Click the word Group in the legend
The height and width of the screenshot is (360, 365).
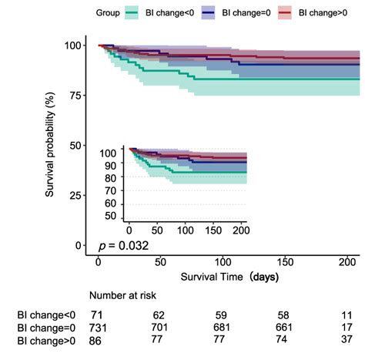(110, 13)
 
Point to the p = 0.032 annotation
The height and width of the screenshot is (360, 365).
(122, 246)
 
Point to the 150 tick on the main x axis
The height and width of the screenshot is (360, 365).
(284, 262)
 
